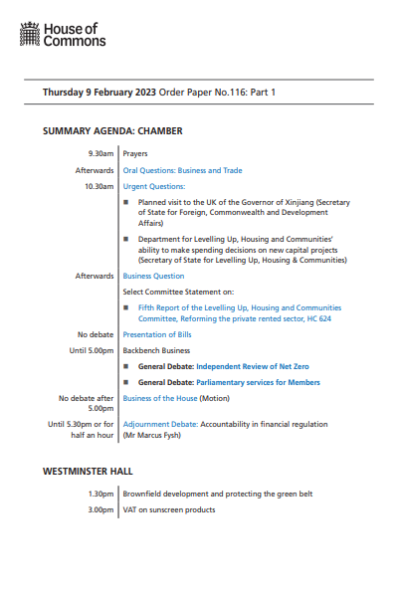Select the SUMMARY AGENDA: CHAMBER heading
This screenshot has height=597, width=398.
[x=112, y=131]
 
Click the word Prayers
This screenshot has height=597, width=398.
[x=135, y=154]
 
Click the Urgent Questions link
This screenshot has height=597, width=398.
[x=154, y=186]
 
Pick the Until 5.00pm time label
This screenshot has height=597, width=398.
[x=92, y=350]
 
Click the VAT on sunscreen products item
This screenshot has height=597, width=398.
[x=169, y=510]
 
